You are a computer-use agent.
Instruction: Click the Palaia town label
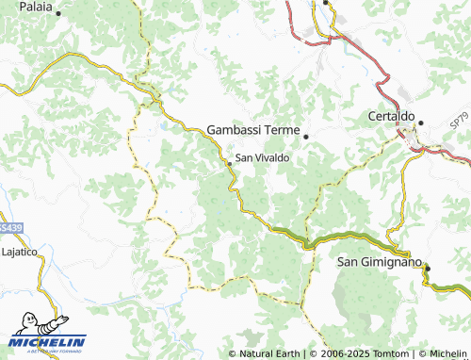[33, 7]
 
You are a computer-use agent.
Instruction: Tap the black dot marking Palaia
[58, 14]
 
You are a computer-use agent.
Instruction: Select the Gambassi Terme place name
[252, 129]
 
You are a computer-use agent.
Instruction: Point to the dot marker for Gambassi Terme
[305, 137]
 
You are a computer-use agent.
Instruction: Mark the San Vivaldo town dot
[229, 163]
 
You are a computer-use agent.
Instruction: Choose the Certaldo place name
[391, 117]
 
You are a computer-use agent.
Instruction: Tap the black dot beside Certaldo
[422, 123]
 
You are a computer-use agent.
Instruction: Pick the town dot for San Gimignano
[426, 268]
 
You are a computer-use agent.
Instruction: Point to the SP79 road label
[459, 121]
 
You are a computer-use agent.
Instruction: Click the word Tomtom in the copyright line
[389, 353]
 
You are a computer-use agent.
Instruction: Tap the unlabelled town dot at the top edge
[326, 3]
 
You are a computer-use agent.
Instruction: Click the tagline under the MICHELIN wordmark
[47, 351]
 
